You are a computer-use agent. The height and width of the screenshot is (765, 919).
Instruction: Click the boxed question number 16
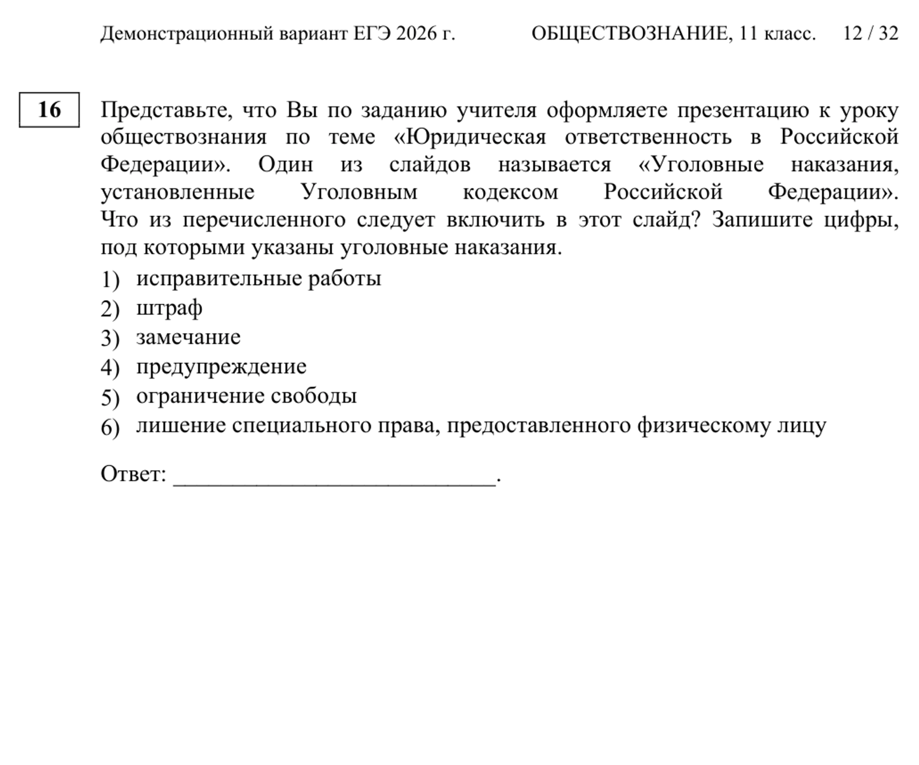[49, 109]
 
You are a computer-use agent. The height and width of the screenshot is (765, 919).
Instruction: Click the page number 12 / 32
[870, 34]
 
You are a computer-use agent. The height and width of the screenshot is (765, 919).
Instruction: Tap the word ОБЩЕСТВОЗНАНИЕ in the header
[630, 34]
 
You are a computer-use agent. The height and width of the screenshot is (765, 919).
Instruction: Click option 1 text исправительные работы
[259, 278]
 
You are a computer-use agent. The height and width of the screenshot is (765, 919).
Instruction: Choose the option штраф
[169, 308]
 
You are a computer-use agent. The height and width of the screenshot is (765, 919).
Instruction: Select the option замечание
[189, 337]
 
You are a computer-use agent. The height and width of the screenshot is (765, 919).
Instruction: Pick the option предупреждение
[222, 367]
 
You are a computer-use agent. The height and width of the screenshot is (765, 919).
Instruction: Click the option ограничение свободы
[246, 396]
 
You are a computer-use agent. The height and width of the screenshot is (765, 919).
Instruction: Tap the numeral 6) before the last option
[110, 427]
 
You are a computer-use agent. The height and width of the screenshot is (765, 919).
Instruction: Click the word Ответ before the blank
[133, 474]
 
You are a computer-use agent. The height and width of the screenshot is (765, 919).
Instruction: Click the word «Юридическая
[470, 137]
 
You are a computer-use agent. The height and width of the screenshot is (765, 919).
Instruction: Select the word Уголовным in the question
[359, 192]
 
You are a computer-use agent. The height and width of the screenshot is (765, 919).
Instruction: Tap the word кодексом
[510, 192]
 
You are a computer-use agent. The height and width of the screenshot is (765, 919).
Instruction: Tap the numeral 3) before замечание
[110, 338]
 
